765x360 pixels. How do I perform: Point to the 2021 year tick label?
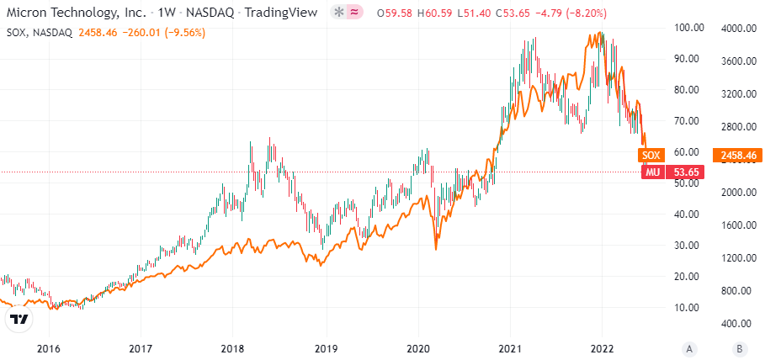(510, 348)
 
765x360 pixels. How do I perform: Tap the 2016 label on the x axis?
(49, 348)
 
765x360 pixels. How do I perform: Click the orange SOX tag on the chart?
(651, 155)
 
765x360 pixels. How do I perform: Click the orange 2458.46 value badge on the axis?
(737, 155)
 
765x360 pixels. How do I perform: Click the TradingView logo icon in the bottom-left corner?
(19, 320)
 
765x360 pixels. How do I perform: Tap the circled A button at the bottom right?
(689, 348)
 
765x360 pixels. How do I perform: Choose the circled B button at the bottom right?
(738, 348)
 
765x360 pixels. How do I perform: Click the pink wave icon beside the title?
(356, 13)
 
